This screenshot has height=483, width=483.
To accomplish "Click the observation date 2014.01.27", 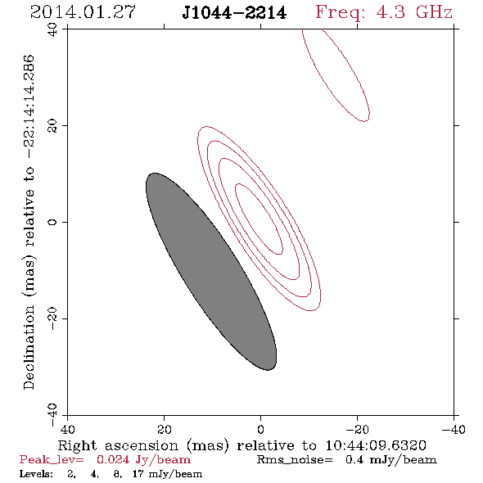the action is tap(83, 12).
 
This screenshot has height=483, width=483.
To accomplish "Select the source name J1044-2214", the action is tap(234, 13).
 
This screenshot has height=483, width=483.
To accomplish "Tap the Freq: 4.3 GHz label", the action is tap(384, 12).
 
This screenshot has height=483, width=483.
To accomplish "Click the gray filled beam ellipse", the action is tap(211, 271).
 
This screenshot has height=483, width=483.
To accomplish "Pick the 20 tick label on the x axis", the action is tap(164, 430).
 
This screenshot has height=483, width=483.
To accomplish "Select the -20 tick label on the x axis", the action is tap(357, 430).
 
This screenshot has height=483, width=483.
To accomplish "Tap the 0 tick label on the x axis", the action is tap(260, 430).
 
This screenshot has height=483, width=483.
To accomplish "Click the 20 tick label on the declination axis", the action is tap(52, 126).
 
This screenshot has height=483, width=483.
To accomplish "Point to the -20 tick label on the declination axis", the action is tap(52, 318).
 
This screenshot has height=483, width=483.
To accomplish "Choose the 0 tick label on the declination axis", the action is tap(52, 222).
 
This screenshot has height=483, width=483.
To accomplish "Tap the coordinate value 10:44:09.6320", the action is tap(376, 445).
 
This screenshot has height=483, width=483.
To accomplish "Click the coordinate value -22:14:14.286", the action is tap(29, 106).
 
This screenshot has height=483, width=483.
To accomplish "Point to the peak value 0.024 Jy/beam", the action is tap(143, 460).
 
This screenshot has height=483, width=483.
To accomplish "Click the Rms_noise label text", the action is tap(295, 460).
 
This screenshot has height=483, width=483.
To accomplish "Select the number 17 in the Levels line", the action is tap(138, 474).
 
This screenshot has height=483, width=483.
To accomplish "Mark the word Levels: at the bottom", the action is tap(36, 474).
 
